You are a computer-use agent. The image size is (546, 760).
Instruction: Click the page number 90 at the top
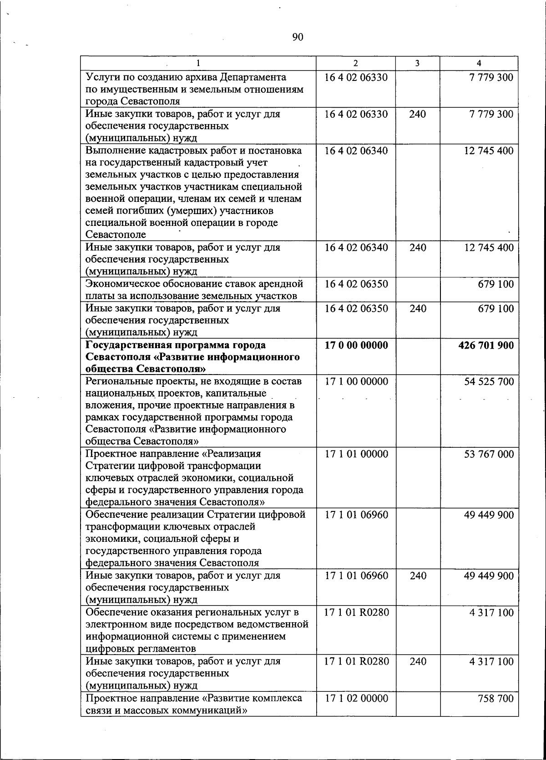pyautogui.click(x=297, y=37)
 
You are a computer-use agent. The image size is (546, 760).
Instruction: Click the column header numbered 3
pyautogui.click(x=417, y=64)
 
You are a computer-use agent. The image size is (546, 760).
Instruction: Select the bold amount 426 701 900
pyautogui.click(x=486, y=345)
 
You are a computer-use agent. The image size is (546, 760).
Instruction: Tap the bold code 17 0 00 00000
pyautogui.click(x=356, y=345)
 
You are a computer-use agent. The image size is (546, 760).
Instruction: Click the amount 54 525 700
pyautogui.click(x=489, y=381)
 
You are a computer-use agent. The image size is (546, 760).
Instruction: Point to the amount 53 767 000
pyautogui.click(x=489, y=454)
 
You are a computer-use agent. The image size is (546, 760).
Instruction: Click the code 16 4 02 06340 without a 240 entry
pyautogui.click(x=356, y=150)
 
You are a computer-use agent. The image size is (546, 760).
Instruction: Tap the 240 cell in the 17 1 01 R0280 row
pyautogui.click(x=418, y=661)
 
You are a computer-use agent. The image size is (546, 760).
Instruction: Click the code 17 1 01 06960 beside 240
pyautogui.click(x=356, y=576)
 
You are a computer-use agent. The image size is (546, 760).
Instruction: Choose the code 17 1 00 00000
pyautogui.click(x=356, y=381)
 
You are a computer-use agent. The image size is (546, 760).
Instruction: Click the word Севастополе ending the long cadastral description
pyautogui.click(x=116, y=235)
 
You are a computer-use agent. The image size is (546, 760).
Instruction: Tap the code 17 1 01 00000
pyautogui.click(x=356, y=454)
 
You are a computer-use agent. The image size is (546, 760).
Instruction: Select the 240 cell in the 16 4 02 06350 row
pyautogui.click(x=418, y=309)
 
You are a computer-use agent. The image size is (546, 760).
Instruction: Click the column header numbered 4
pyautogui.click(x=479, y=64)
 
